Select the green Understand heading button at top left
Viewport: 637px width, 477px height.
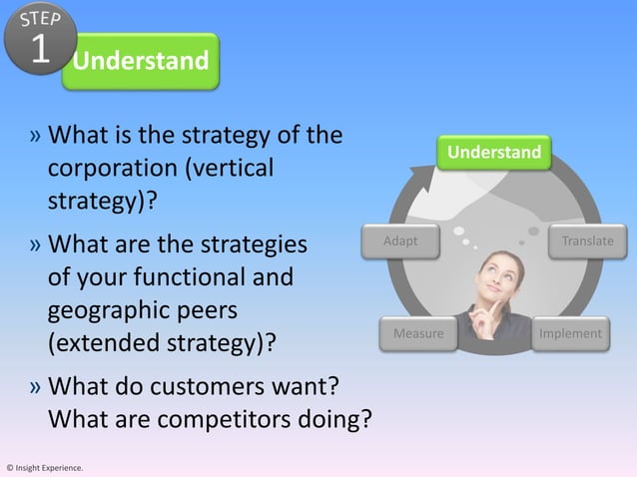pos(140,62)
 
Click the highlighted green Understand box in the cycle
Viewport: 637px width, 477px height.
pos(494,153)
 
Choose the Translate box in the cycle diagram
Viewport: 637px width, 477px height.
pos(587,241)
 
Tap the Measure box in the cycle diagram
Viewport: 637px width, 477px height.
pos(417,333)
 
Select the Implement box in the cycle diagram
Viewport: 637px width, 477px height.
pos(570,333)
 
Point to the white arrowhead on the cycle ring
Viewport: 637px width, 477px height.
pos(427,181)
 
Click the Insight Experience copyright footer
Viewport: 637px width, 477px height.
pos(45,467)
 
